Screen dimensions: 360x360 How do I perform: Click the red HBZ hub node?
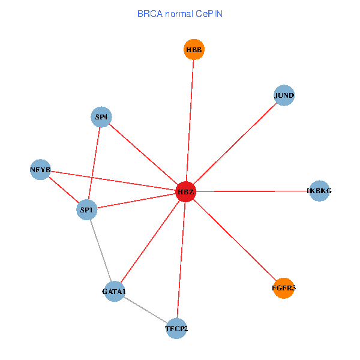(186, 191)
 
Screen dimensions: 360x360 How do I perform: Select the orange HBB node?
(194, 50)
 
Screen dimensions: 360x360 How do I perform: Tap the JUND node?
(284, 95)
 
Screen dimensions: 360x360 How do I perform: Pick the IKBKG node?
(319, 191)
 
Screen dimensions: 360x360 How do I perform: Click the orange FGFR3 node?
(284, 288)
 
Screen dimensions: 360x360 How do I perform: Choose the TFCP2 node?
(176, 328)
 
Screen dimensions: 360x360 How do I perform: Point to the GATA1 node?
(114, 292)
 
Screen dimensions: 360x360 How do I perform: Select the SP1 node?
(88, 210)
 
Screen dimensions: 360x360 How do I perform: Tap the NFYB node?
(40, 170)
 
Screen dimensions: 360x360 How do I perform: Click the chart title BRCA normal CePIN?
(179, 13)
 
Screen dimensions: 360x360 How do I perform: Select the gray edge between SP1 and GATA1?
(101, 251)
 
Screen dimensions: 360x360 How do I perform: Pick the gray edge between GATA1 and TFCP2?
(145, 310)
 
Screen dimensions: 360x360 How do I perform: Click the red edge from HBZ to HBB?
(190, 120)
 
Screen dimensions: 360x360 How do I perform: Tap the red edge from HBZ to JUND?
(235, 143)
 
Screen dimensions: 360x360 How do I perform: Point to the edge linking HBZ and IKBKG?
(252, 191)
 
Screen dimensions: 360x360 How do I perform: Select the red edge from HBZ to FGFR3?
(235, 240)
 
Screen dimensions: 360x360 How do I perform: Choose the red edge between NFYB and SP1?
(64, 190)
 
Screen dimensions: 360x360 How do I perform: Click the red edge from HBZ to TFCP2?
(181, 260)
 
